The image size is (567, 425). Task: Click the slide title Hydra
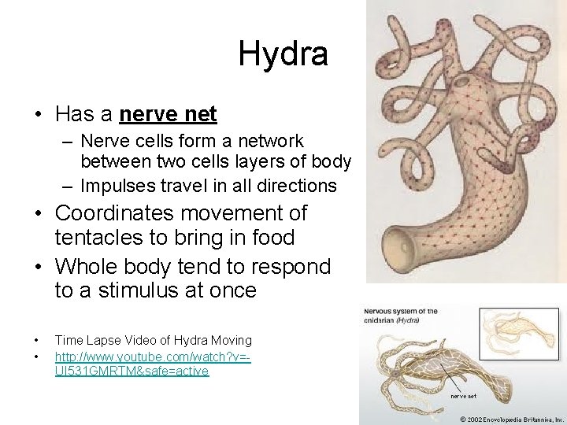pyautogui.click(x=283, y=54)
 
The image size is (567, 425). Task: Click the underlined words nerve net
pyautogui.click(x=168, y=114)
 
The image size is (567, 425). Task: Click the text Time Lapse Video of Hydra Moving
pyautogui.click(x=153, y=341)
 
